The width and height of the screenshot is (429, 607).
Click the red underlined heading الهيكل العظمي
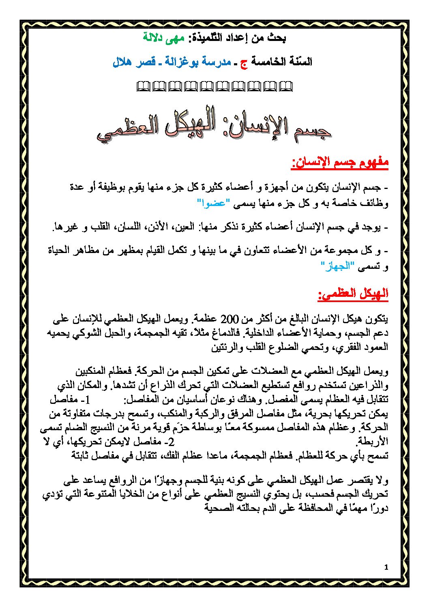tap(353, 294)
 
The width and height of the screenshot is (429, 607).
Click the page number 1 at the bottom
tap(386, 567)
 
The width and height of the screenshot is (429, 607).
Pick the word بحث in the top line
tap(277, 38)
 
